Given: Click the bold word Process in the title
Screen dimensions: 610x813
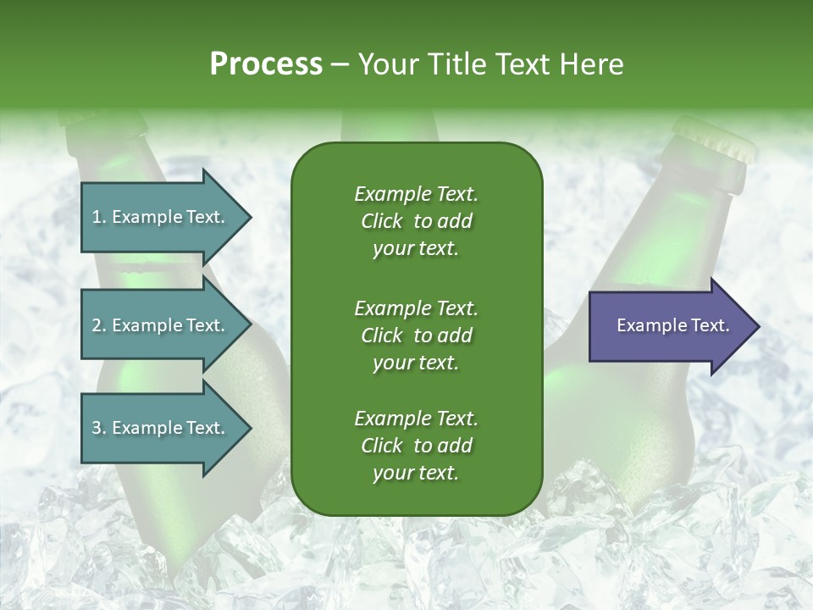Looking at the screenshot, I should coord(265,64).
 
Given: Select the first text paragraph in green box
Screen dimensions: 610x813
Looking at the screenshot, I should coord(416,221).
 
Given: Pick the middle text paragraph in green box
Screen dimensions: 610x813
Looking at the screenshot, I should coord(416,335).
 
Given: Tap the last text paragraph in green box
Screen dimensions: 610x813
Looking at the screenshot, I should coord(416,446).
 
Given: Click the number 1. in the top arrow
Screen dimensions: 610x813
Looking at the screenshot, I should coord(99,217).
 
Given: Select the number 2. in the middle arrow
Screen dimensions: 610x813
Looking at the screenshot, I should coord(99,325).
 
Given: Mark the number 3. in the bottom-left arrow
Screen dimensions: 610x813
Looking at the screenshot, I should coord(99,428).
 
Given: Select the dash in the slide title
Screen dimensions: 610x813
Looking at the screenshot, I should coord(340,64).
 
